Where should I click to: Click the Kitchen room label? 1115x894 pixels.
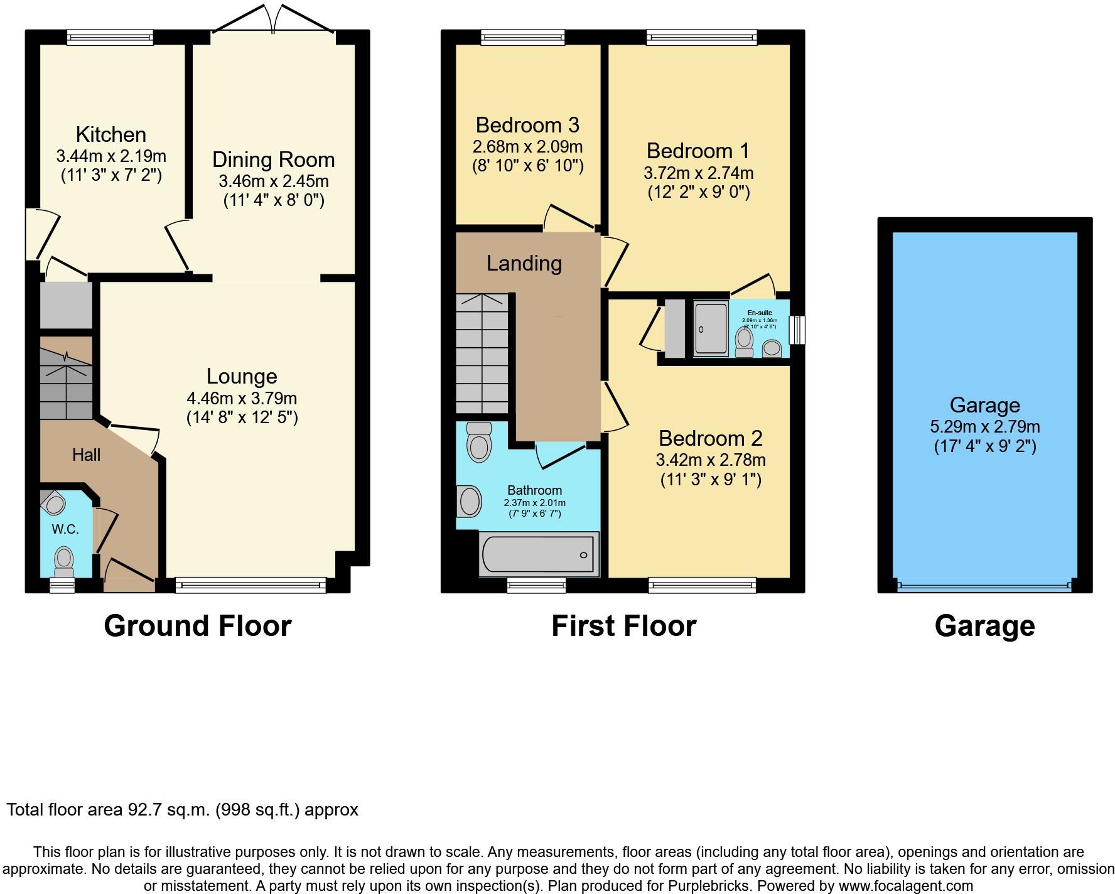(x=111, y=134)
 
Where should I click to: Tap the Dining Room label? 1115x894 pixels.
(x=273, y=159)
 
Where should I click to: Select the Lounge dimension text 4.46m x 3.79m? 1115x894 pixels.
(x=242, y=398)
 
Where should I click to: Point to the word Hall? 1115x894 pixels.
(x=86, y=455)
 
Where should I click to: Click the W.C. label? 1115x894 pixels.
(x=65, y=529)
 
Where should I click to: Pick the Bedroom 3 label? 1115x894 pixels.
(x=527, y=125)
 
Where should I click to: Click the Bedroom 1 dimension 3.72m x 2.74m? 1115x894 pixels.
(x=698, y=173)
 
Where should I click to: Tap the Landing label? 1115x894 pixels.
(x=524, y=263)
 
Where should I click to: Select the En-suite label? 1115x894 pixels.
(x=760, y=313)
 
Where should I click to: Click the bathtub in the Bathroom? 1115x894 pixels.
(x=539, y=554)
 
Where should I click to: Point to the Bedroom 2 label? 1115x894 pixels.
(x=711, y=438)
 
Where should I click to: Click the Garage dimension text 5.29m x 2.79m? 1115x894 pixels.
(x=984, y=427)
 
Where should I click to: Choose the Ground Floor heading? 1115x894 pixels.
(x=198, y=626)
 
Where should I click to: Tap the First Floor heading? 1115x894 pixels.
(x=623, y=626)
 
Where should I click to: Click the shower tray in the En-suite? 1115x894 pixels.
(x=711, y=329)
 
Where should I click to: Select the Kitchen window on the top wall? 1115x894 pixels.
(x=110, y=38)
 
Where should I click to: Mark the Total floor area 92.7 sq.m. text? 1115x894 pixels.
(x=183, y=810)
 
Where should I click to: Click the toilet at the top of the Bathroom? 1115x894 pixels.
(x=480, y=442)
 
